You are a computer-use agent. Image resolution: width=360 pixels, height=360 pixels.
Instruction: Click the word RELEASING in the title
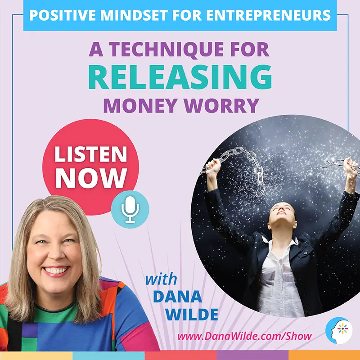coord(180,77)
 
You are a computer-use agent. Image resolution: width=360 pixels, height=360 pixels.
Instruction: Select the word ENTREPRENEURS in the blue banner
coord(268,15)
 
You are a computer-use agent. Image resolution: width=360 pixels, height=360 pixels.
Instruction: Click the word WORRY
coord(222,106)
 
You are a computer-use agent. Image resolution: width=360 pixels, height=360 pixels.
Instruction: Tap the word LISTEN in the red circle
coord(91,154)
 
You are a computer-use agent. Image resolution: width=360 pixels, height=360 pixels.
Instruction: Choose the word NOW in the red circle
coord(91,178)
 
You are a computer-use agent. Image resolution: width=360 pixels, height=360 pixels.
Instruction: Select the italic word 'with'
coord(161,279)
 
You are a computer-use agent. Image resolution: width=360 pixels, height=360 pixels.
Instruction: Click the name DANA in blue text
coord(177,297)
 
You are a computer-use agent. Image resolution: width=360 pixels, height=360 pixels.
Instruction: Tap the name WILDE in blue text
coord(192,314)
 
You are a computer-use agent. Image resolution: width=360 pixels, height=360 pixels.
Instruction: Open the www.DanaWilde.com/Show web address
coord(244,336)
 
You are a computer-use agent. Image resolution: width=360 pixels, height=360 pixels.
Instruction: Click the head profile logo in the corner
coord(339,330)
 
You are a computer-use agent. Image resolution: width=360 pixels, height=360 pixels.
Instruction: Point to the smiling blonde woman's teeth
coord(56,270)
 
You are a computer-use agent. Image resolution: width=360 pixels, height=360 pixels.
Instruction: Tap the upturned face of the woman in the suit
coord(282,213)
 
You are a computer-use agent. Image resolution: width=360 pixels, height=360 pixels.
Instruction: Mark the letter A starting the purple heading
coord(96,49)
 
